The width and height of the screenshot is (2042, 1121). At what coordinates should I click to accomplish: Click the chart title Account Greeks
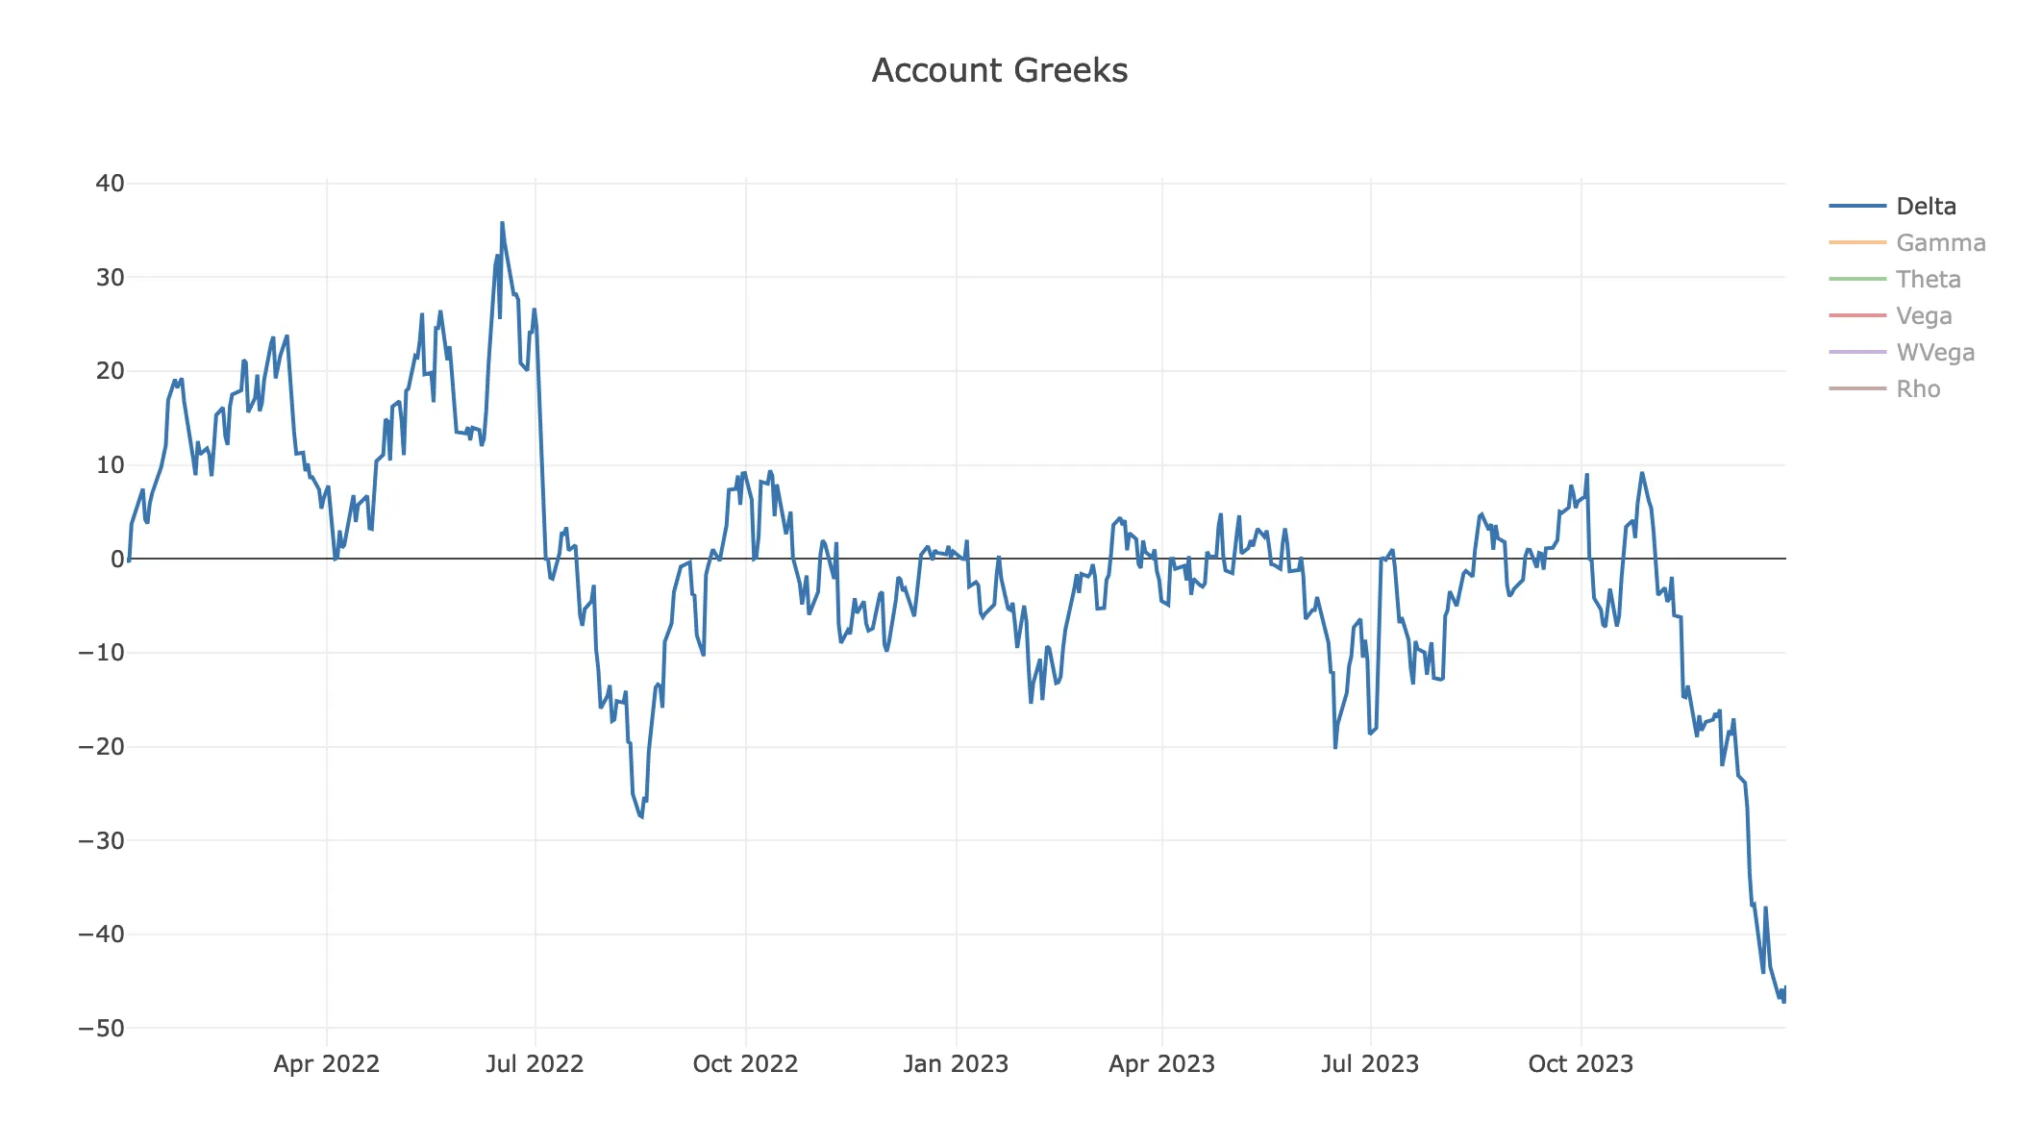click(x=999, y=70)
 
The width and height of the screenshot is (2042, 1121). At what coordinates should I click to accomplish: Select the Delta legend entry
click(x=1925, y=207)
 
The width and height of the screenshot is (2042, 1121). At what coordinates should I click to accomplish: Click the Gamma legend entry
click(x=1940, y=243)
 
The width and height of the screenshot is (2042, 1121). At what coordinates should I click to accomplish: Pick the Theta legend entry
click(x=1928, y=280)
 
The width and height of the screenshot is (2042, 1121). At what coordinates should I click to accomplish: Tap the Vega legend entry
click(x=1923, y=316)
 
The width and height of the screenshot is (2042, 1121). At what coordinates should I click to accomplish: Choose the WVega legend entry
click(x=1934, y=353)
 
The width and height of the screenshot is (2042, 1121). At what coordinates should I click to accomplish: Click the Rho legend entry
click(x=1917, y=389)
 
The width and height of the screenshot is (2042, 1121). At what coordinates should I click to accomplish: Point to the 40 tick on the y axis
click(x=111, y=184)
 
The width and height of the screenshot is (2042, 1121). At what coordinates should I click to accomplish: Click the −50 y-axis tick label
click(x=102, y=1029)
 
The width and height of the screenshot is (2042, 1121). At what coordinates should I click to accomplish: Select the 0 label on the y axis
click(x=117, y=560)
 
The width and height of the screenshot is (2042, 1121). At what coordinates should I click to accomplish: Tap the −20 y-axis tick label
click(x=102, y=747)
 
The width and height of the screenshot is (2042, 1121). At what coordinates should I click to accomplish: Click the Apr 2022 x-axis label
click(x=327, y=1064)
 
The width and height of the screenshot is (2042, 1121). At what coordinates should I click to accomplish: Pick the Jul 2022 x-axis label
click(x=535, y=1064)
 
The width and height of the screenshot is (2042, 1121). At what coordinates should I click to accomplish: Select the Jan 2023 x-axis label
click(x=956, y=1064)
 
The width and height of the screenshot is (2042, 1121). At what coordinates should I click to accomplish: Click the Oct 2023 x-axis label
click(x=1581, y=1064)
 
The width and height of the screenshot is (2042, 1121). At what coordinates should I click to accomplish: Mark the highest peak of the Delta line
click(x=502, y=223)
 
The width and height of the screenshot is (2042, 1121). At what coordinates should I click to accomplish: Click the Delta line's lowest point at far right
click(x=1783, y=1002)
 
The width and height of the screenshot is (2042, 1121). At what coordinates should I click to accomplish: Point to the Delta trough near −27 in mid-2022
click(x=641, y=817)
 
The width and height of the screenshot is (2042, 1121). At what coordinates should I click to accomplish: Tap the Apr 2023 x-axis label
click(x=1161, y=1064)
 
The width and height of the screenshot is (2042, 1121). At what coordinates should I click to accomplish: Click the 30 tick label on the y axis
click(x=111, y=278)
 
